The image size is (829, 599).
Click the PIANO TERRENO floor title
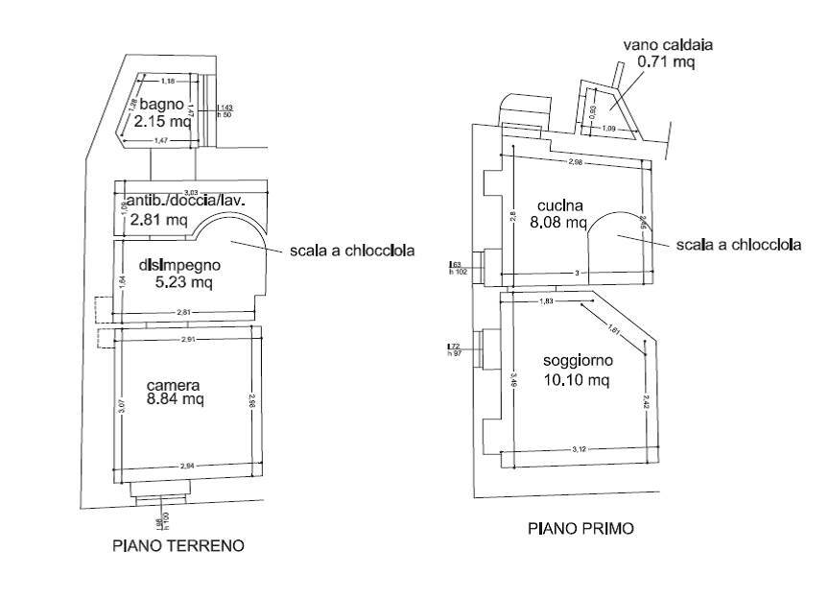tap(178, 546)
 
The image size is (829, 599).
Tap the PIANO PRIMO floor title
tap(581, 528)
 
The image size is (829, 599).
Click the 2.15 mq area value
tap(162, 122)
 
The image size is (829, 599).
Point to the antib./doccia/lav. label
tap(187, 201)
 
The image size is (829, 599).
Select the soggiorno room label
tap(577, 362)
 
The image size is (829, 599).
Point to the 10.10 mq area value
tap(576, 380)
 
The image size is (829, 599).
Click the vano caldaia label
tap(668, 44)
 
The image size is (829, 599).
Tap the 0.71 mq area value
tap(668, 61)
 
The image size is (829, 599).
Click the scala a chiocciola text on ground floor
tap(352, 252)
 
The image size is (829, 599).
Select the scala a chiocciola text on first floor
tap(739, 245)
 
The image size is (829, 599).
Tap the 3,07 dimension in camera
tap(121, 406)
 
